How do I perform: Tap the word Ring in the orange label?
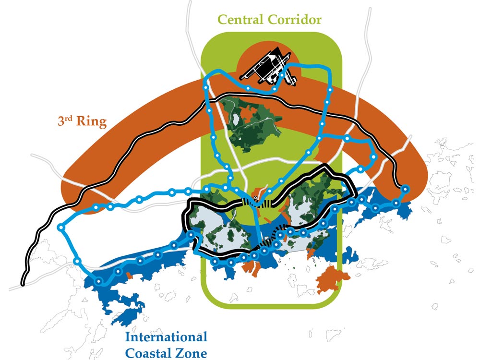[x=91, y=121]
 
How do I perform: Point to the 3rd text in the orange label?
[x=65, y=121]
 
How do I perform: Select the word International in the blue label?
[x=166, y=337]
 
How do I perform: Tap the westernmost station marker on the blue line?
[x=61, y=228]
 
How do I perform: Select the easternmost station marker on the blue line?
[x=405, y=189]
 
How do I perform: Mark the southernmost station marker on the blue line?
[x=99, y=281]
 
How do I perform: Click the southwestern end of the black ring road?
[x=23, y=284]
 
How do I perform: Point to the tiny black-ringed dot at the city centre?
[x=255, y=198]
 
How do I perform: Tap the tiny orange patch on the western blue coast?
[x=130, y=276]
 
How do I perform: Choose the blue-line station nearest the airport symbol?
[x=275, y=89]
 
